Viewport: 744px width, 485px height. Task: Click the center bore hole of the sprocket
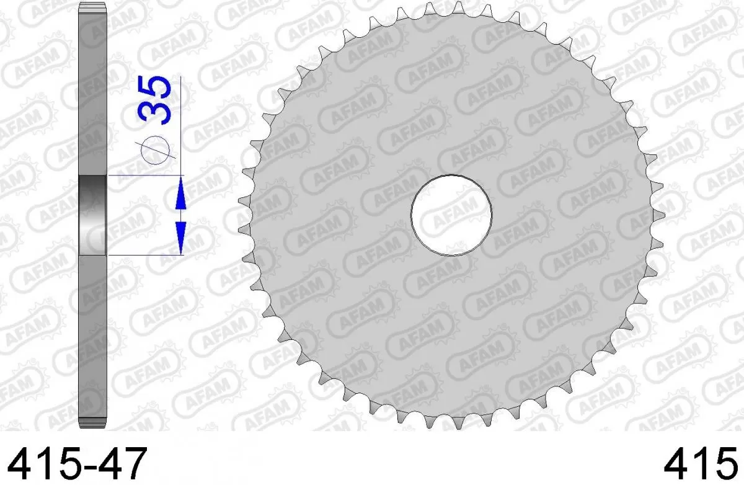[451, 215]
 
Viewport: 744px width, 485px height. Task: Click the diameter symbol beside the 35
[155, 149]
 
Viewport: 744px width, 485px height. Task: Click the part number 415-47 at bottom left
[74, 462]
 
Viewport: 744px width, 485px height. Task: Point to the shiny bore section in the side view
[93, 215]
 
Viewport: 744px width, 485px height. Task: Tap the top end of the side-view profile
[93, 7]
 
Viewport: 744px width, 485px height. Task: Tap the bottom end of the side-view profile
[93, 424]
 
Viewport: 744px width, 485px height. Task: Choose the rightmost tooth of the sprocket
[660, 215]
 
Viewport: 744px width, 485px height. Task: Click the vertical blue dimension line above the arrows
[180, 124]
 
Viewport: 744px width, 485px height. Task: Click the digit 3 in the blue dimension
[155, 114]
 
